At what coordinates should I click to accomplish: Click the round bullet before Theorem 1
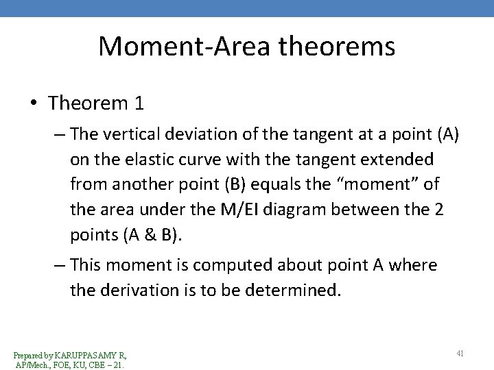34,104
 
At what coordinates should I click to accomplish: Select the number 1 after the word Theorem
139,103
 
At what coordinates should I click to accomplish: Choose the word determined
295,290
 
